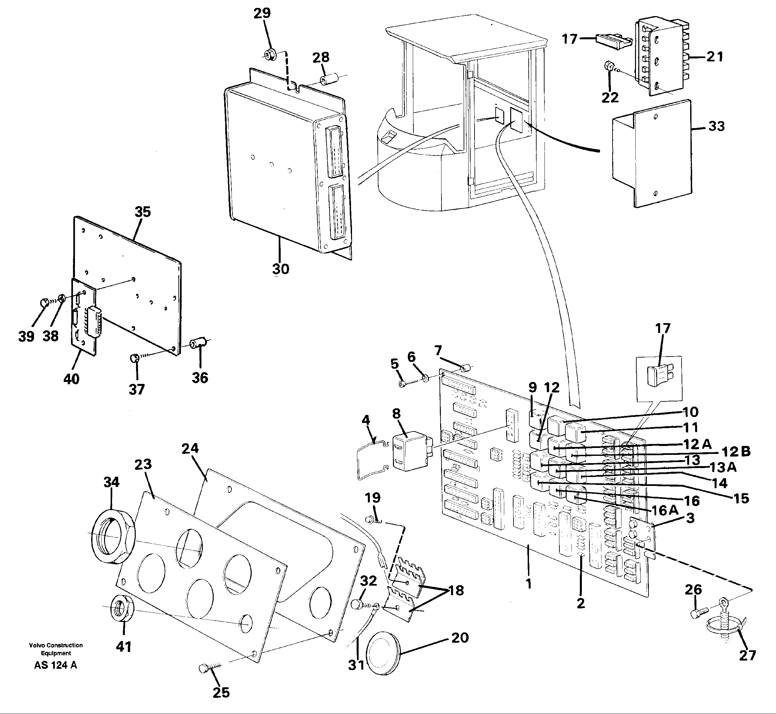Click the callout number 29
pos(262,14)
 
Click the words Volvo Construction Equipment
pos(56,649)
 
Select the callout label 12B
pos(736,451)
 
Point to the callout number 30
pos(281,269)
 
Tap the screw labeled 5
pos(403,384)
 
